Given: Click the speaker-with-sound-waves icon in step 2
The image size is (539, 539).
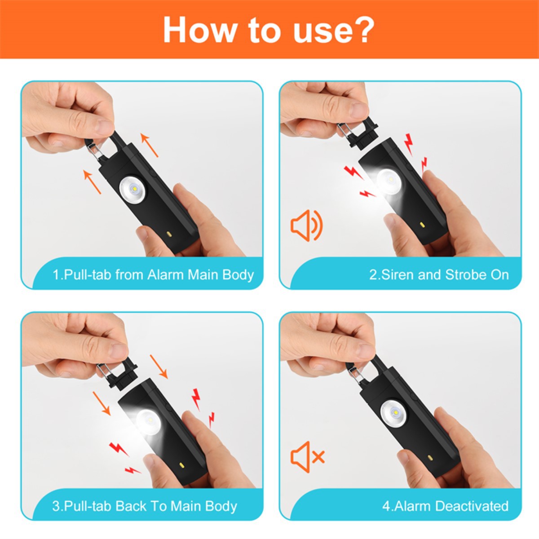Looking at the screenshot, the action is pos(307,225).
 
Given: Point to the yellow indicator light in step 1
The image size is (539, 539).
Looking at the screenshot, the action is pos(169,234).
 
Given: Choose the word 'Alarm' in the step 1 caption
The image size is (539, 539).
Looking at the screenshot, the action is pos(166,275).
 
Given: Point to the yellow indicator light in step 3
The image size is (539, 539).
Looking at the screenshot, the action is pos(182,465).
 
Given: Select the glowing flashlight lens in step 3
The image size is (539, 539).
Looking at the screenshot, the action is pos(149,422).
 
